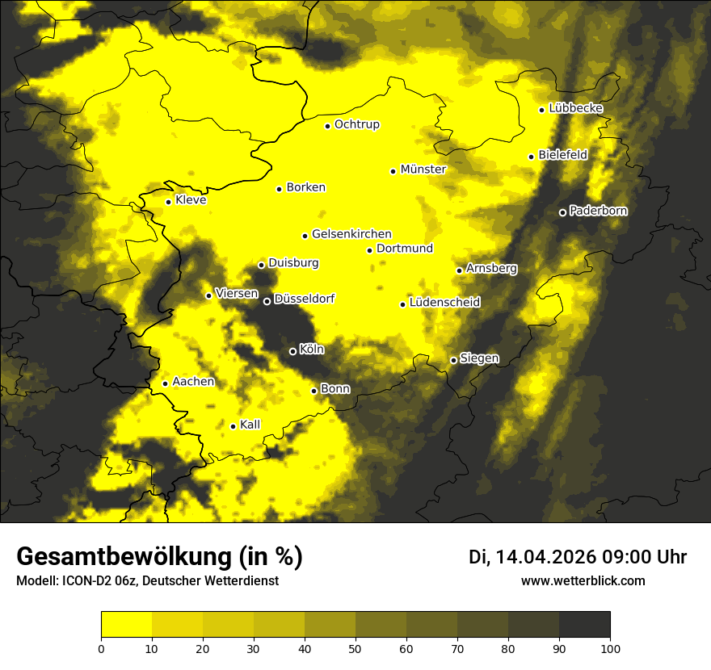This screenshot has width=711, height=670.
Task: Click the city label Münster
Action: click(423, 170)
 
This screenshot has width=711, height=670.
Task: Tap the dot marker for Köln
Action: click(292, 351)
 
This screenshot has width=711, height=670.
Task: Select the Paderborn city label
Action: click(598, 211)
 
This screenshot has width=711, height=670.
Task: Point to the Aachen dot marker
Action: click(165, 383)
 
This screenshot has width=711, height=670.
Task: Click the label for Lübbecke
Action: click(575, 108)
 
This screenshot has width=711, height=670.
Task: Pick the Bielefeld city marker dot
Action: click(531, 157)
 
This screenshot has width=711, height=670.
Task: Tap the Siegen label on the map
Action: click(479, 358)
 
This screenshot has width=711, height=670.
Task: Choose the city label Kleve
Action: click(191, 200)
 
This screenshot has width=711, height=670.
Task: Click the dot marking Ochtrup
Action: click(327, 126)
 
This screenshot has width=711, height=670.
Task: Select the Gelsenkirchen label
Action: click(351, 234)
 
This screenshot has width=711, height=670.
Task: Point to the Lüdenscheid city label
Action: click(444, 303)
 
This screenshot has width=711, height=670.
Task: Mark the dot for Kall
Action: click(233, 426)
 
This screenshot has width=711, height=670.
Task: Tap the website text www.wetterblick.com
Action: click(583, 581)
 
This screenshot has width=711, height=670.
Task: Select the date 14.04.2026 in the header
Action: click(545, 557)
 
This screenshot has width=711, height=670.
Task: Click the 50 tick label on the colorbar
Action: click(355, 648)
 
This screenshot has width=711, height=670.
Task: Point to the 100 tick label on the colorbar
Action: click(610, 648)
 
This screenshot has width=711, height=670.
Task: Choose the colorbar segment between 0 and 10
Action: click(126, 625)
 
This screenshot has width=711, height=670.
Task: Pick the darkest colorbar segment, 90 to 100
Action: click(584, 625)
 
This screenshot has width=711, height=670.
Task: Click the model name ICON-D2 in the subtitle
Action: click(85, 581)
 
